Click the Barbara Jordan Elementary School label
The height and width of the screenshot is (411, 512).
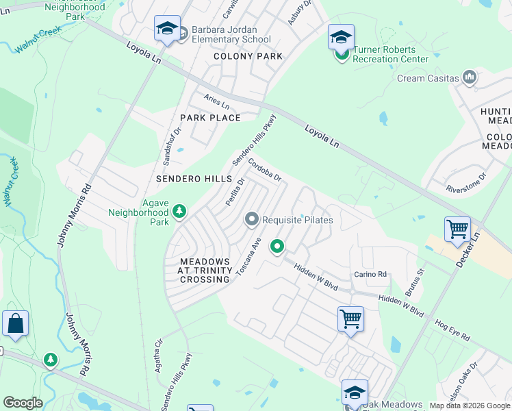[231, 34]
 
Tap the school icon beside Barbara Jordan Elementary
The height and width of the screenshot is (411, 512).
[167, 29]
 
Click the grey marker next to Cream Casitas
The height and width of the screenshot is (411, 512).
[470, 77]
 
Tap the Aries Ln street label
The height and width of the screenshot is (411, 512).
[216, 101]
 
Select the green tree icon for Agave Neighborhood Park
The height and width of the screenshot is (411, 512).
[179, 212]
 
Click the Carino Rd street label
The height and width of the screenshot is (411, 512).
[370, 274]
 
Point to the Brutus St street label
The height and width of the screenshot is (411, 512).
[415, 282]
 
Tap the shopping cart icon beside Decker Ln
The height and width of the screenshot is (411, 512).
[457, 229]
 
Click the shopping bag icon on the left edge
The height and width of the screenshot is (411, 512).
[15, 323]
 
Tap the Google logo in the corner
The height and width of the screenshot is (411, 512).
[23, 403]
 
